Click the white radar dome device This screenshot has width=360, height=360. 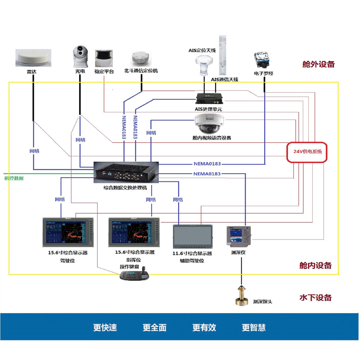[33, 58]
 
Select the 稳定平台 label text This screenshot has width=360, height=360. [104, 71]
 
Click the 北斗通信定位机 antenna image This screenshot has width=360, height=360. [140, 58]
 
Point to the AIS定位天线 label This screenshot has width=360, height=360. [202, 51]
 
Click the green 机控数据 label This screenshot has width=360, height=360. [14, 179]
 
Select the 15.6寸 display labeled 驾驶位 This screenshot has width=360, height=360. [67, 232]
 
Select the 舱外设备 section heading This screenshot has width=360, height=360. [319, 64]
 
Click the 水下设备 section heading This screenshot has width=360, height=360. [315, 297]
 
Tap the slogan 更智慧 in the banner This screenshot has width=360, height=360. [253, 328]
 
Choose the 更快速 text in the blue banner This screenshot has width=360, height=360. [105, 328]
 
